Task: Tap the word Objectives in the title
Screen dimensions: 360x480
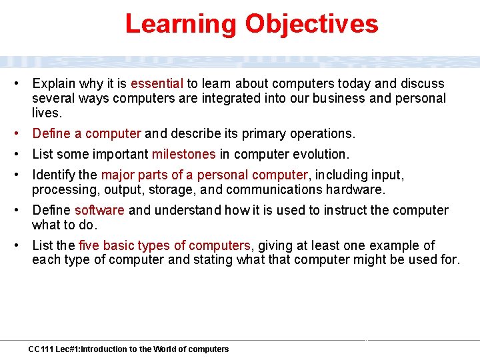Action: [x=311, y=24]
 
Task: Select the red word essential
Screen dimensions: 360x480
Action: [x=157, y=84]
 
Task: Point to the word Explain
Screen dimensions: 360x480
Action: [x=54, y=84]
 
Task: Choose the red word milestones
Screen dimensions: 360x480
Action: [x=184, y=155]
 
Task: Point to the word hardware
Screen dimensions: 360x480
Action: [x=359, y=190]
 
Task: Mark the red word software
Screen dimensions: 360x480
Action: [x=99, y=211]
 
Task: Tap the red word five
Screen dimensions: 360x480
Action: [x=88, y=246]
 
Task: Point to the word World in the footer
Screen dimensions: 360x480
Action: [x=164, y=349]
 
